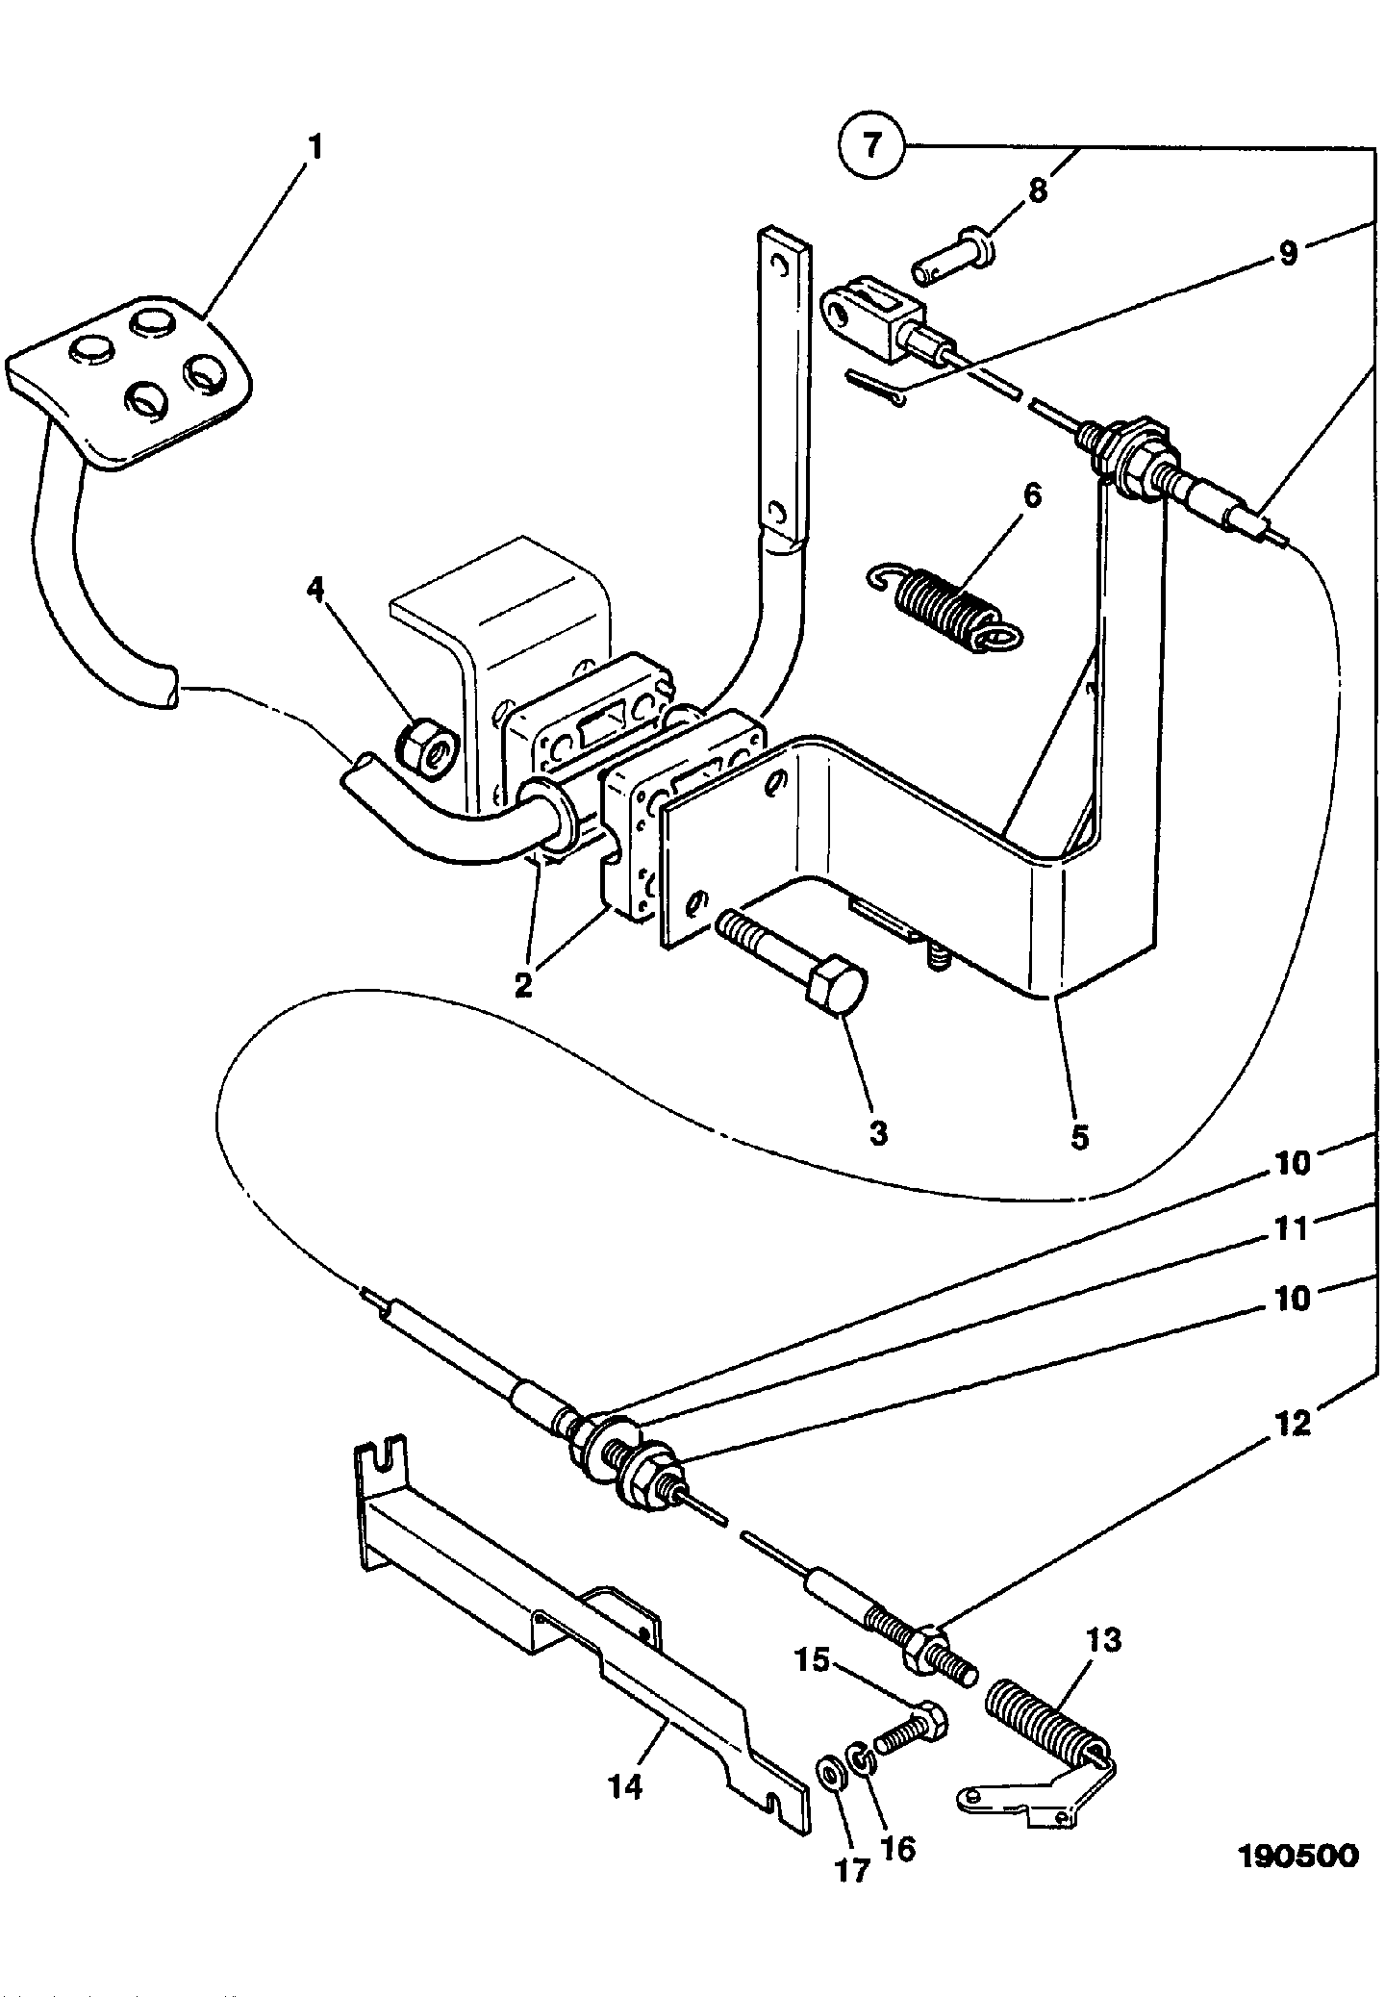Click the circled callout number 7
[x=871, y=145]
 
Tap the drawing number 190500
[x=1297, y=1855]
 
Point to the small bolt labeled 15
[x=910, y=1733]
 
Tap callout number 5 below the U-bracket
[x=1079, y=1137]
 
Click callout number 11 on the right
[x=1292, y=1229]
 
